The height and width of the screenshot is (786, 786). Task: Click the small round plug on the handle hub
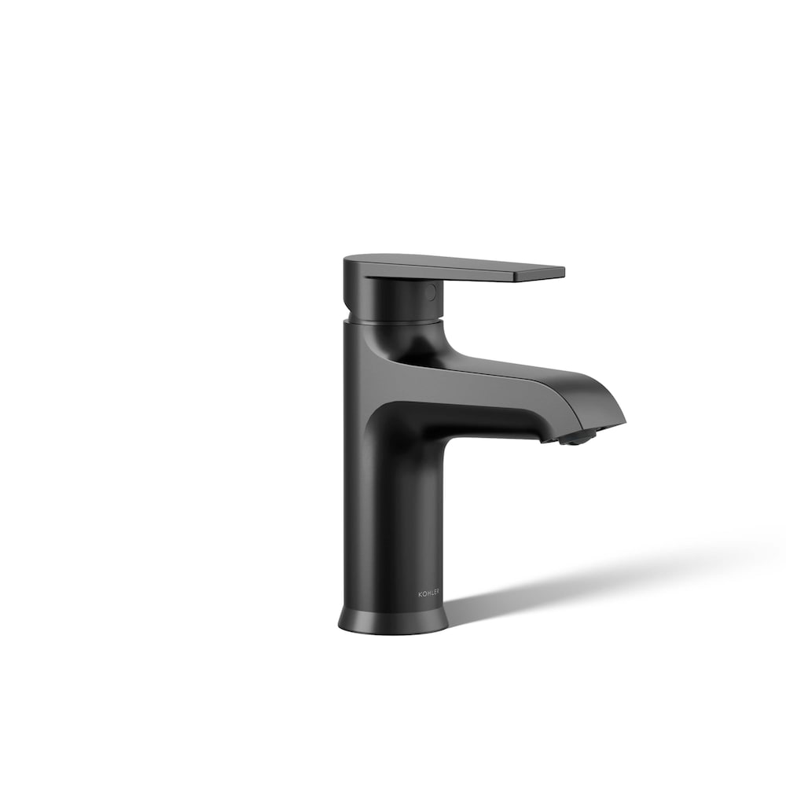[429, 292]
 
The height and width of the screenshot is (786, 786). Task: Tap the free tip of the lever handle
[560, 273]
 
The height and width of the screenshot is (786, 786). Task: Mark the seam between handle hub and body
[393, 321]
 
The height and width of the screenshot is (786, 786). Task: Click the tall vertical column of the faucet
[393, 511]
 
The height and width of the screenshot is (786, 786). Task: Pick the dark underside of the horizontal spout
[487, 417]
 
